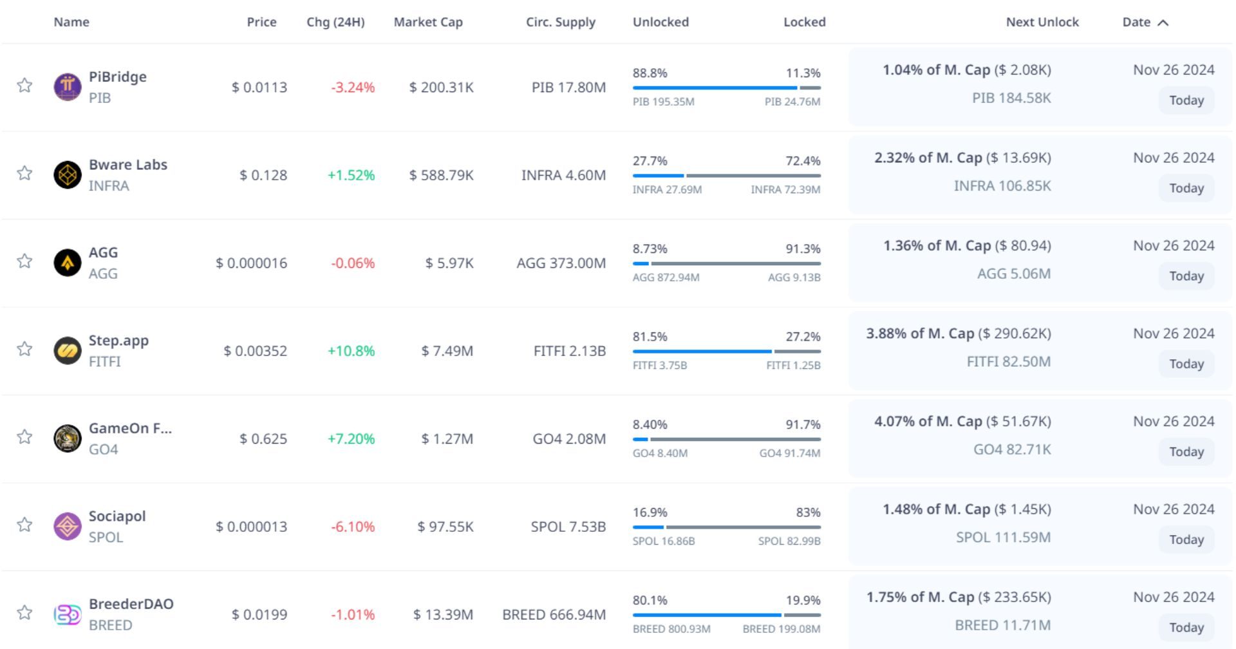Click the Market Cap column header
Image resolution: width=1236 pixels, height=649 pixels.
[x=428, y=22]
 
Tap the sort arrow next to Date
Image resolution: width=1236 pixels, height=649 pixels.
[x=1163, y=23]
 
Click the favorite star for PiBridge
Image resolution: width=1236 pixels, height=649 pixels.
[x=24, y=85]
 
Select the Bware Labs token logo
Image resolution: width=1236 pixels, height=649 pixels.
[x=68, y=174]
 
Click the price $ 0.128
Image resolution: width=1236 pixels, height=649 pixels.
[x=263, y=175]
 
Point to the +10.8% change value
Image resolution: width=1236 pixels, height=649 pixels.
[x=351, y=351]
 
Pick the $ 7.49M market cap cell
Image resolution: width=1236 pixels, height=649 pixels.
[x=447, y=351]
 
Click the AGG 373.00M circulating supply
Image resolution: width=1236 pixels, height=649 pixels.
[x=561, y=263]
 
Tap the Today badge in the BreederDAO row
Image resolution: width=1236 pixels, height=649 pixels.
[x=1186, y=627]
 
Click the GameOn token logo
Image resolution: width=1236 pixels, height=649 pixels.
[x=68, y=438]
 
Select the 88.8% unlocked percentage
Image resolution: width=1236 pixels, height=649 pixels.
[x=650, y=73]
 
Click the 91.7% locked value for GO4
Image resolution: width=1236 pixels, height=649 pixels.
[x=803, y=424]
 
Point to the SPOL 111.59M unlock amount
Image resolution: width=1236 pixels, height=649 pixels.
[x=1003, y=537]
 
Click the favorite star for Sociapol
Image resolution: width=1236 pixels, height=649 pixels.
[x=24, y=525]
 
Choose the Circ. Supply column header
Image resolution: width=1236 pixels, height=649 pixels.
[x=560, y=22]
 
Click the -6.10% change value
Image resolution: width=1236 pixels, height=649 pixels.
[x=352, y=527]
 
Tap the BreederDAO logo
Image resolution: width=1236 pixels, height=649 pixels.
[x=68, y=614]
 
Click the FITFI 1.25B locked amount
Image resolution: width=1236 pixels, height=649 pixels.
[x=793, y=365]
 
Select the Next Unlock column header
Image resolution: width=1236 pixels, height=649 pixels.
[x=1042, y=22]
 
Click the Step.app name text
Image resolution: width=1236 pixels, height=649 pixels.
[x=118, y=340]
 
